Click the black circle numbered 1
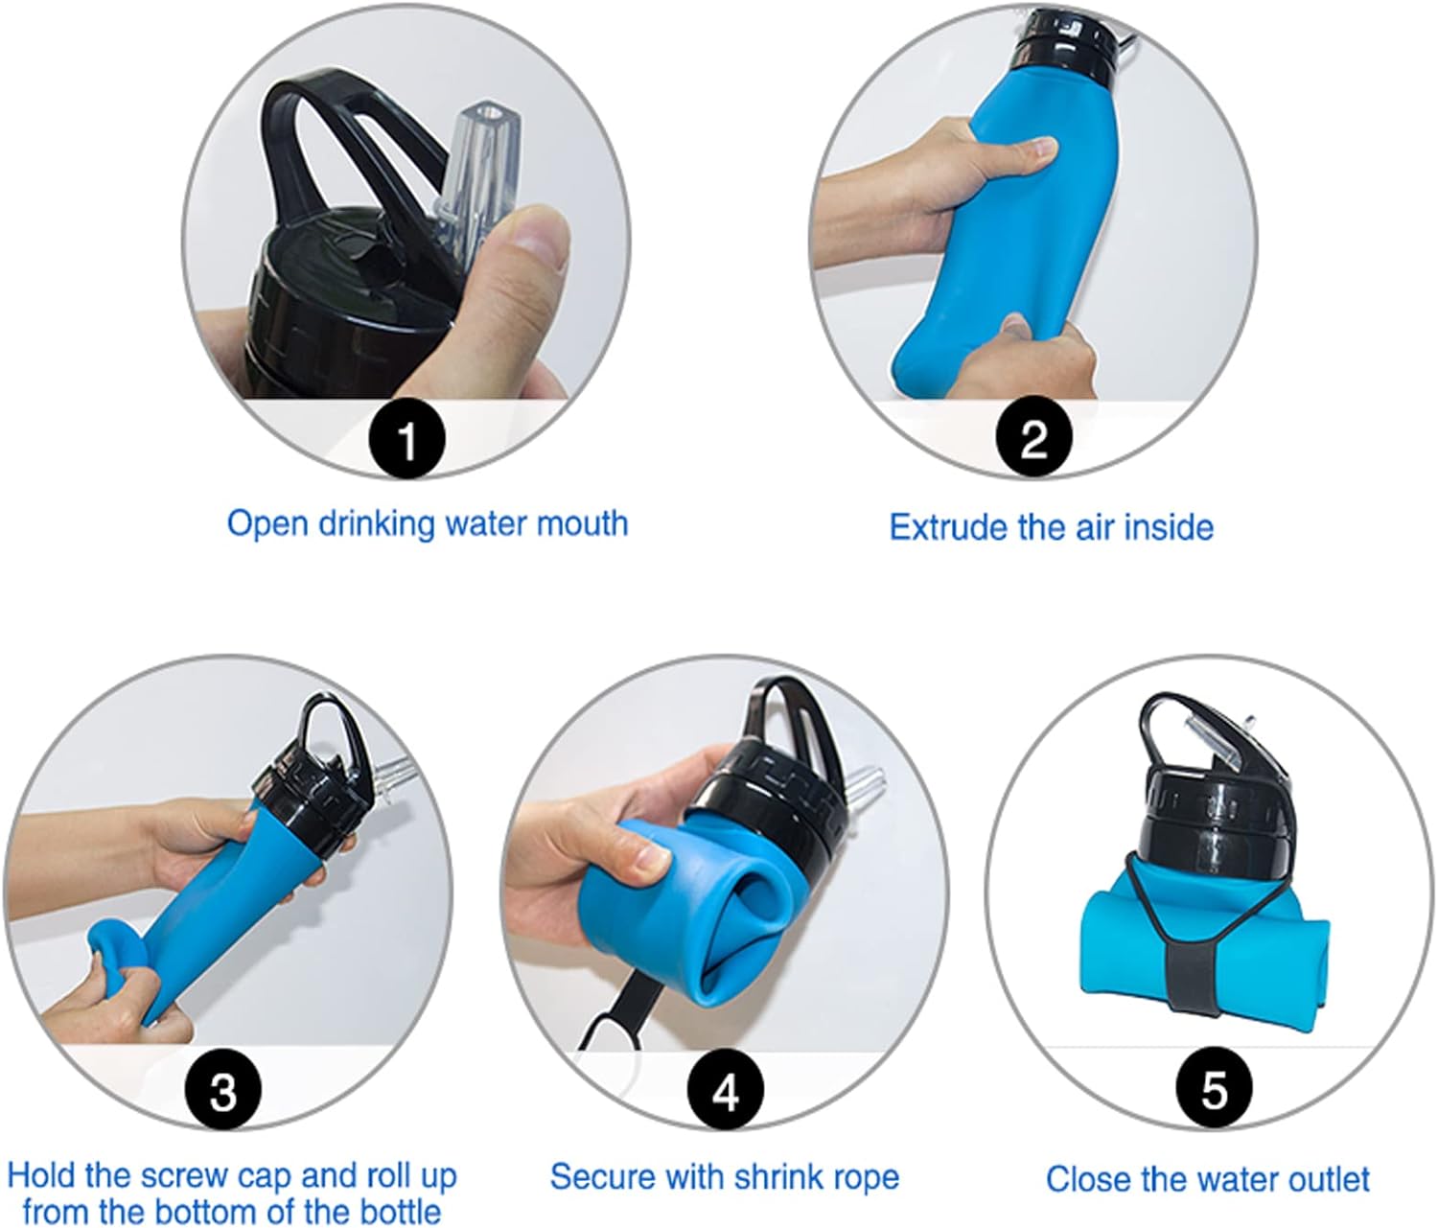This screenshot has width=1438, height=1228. coord(406,439)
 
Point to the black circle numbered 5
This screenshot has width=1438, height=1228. coord(1214,1087)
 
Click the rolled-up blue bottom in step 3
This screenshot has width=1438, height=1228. coord(118,946)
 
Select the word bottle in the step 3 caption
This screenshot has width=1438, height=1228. coord(400,1213)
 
